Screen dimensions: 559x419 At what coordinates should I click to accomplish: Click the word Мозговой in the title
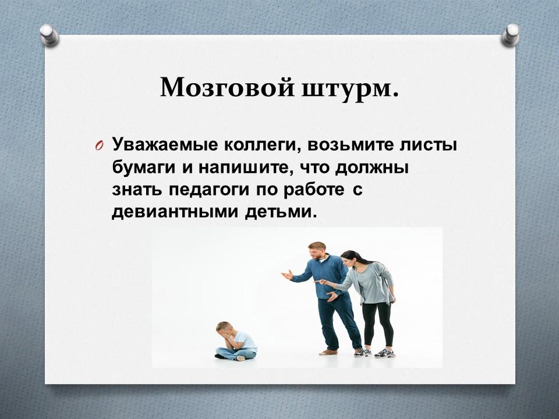click(x=228, y=88)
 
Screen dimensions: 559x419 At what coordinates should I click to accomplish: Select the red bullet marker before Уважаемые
click(x=100, y=147)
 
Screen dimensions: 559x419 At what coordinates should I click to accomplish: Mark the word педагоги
click(x=209, y=191)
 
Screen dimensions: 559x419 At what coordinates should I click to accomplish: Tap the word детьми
click(x=281, y=212)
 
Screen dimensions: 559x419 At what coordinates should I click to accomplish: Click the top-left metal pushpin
click(x=49, y=35)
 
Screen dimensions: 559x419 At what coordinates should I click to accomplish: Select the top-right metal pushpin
click(x=511, y=35)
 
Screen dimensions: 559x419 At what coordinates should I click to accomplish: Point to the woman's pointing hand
click(x=320, y=282)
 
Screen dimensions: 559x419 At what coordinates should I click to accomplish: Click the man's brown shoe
click(x=328, y=353)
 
